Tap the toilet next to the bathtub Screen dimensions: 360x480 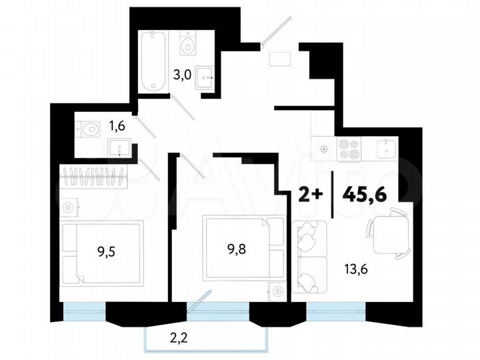[x=188, y=45]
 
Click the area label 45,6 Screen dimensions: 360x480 [x=365, y=193]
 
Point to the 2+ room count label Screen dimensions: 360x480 [x=310, y=194]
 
